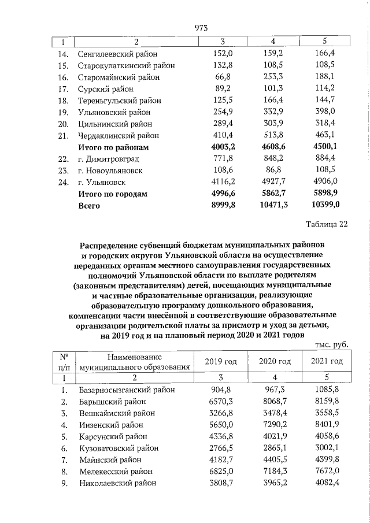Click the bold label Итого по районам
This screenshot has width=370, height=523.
[113, 147]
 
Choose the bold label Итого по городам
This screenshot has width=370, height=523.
[113, 194]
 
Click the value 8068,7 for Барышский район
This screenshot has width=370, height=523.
[274, 400]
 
